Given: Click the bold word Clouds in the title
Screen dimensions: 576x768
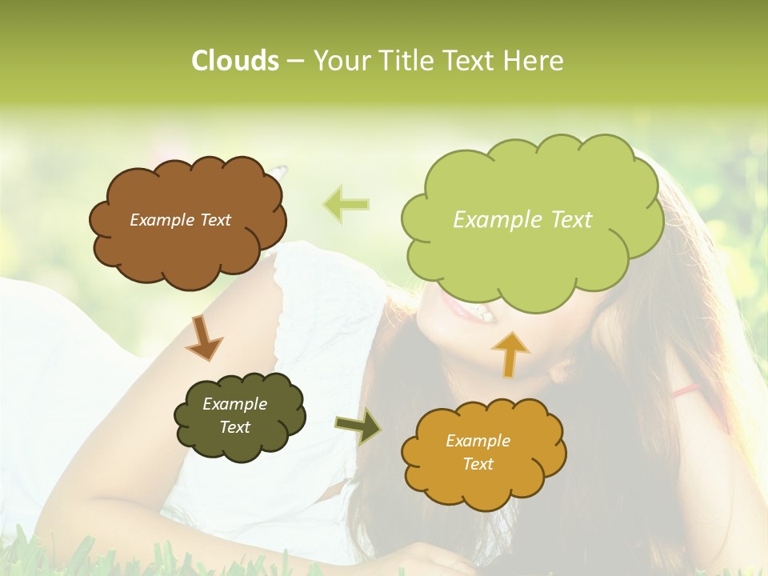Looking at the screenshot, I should [x=234, y=61].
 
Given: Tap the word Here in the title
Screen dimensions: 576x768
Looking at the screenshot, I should [x=534, y=61].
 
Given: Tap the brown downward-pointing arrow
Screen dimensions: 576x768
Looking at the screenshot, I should [x=203, y=337].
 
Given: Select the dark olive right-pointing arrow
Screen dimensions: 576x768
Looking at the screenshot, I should [x=358, y=426].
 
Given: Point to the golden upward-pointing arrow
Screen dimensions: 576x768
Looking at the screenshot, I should [x=510, y=353].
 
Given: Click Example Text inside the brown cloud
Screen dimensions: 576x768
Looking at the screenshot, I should [x=180, y=220].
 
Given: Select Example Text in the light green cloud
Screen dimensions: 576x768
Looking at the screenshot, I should [x=522, y=220].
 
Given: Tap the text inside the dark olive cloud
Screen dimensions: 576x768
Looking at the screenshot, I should [x=234, y=415].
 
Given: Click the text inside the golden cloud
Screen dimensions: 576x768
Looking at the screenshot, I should [x=478, y=452].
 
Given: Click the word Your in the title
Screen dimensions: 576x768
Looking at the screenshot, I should [x=337, y=61].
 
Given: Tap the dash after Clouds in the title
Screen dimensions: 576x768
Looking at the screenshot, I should [x=294, y=62].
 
